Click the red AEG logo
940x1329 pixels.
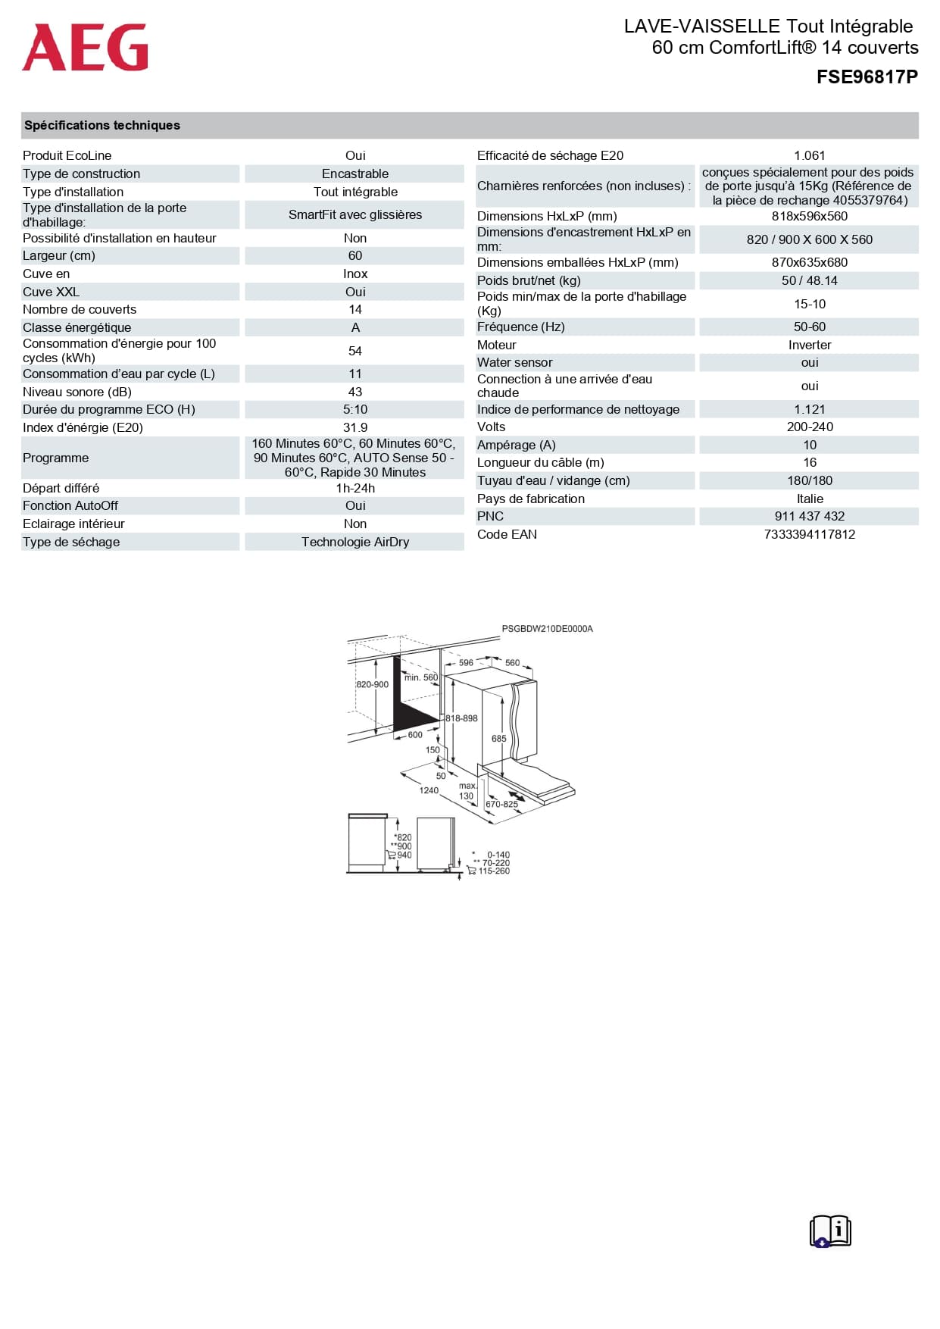tap(85, 47)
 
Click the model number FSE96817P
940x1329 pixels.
tap(867, 77)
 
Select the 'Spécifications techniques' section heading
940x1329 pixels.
tap(102, 126)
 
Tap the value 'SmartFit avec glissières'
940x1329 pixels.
tap(354, 214)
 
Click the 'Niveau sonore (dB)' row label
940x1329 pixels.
tap(77, 392)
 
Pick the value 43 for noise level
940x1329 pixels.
tap(354, 392)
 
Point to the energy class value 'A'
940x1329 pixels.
tap(354, 327)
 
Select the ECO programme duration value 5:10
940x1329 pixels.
tap(354, 409)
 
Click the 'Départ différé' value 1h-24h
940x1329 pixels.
tap(354, 488)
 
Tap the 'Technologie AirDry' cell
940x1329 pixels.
tap(354, 542)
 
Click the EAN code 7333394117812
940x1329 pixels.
tap(809, 534)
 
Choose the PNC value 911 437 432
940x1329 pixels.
tap(809, 516)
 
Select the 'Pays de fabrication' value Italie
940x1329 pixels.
tap(809, 499)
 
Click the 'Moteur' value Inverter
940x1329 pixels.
tap(809, 345)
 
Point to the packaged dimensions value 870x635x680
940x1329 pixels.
tap(809, 262)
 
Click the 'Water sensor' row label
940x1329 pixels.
tap(514, 362)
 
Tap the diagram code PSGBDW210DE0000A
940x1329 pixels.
tap(547, 629)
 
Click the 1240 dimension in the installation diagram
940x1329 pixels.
tap(429, 790)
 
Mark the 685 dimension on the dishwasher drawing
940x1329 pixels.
tap(498, 739)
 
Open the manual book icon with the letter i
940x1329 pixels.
tap(830, 1230)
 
